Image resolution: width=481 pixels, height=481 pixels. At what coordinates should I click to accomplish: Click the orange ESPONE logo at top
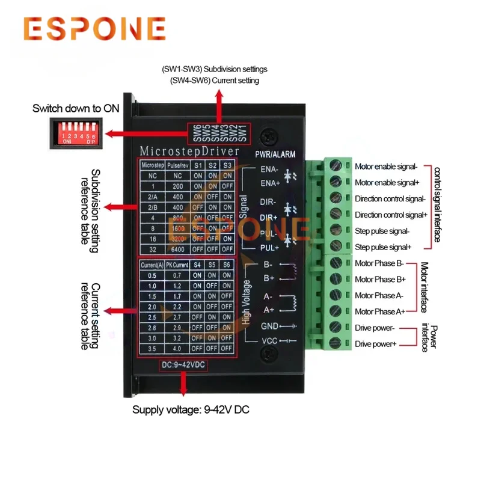(x=95, y=28)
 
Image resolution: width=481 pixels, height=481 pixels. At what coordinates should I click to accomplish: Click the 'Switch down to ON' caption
(x=76, y=109)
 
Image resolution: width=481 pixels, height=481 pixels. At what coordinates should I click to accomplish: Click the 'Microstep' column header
(x=152, y=164)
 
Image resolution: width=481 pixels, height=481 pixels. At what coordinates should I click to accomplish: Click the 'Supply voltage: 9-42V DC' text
(x=190, y=410)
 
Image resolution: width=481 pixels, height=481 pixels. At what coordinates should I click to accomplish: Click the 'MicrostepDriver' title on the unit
(x=189, y=150)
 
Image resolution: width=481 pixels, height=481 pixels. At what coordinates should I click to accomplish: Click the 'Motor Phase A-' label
(x=379, y=295)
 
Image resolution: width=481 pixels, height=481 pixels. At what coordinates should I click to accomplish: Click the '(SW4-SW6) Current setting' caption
(x=215, y=81)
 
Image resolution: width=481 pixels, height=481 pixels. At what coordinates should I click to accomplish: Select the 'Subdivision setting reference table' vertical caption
(x=90, y=207)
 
